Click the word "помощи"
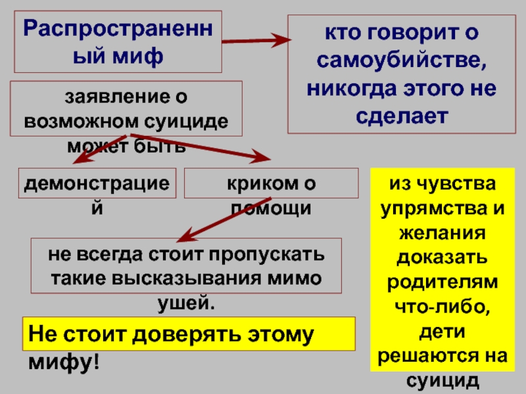point(270,208)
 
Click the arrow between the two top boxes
point(256,41)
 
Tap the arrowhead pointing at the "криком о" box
point(263,157)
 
